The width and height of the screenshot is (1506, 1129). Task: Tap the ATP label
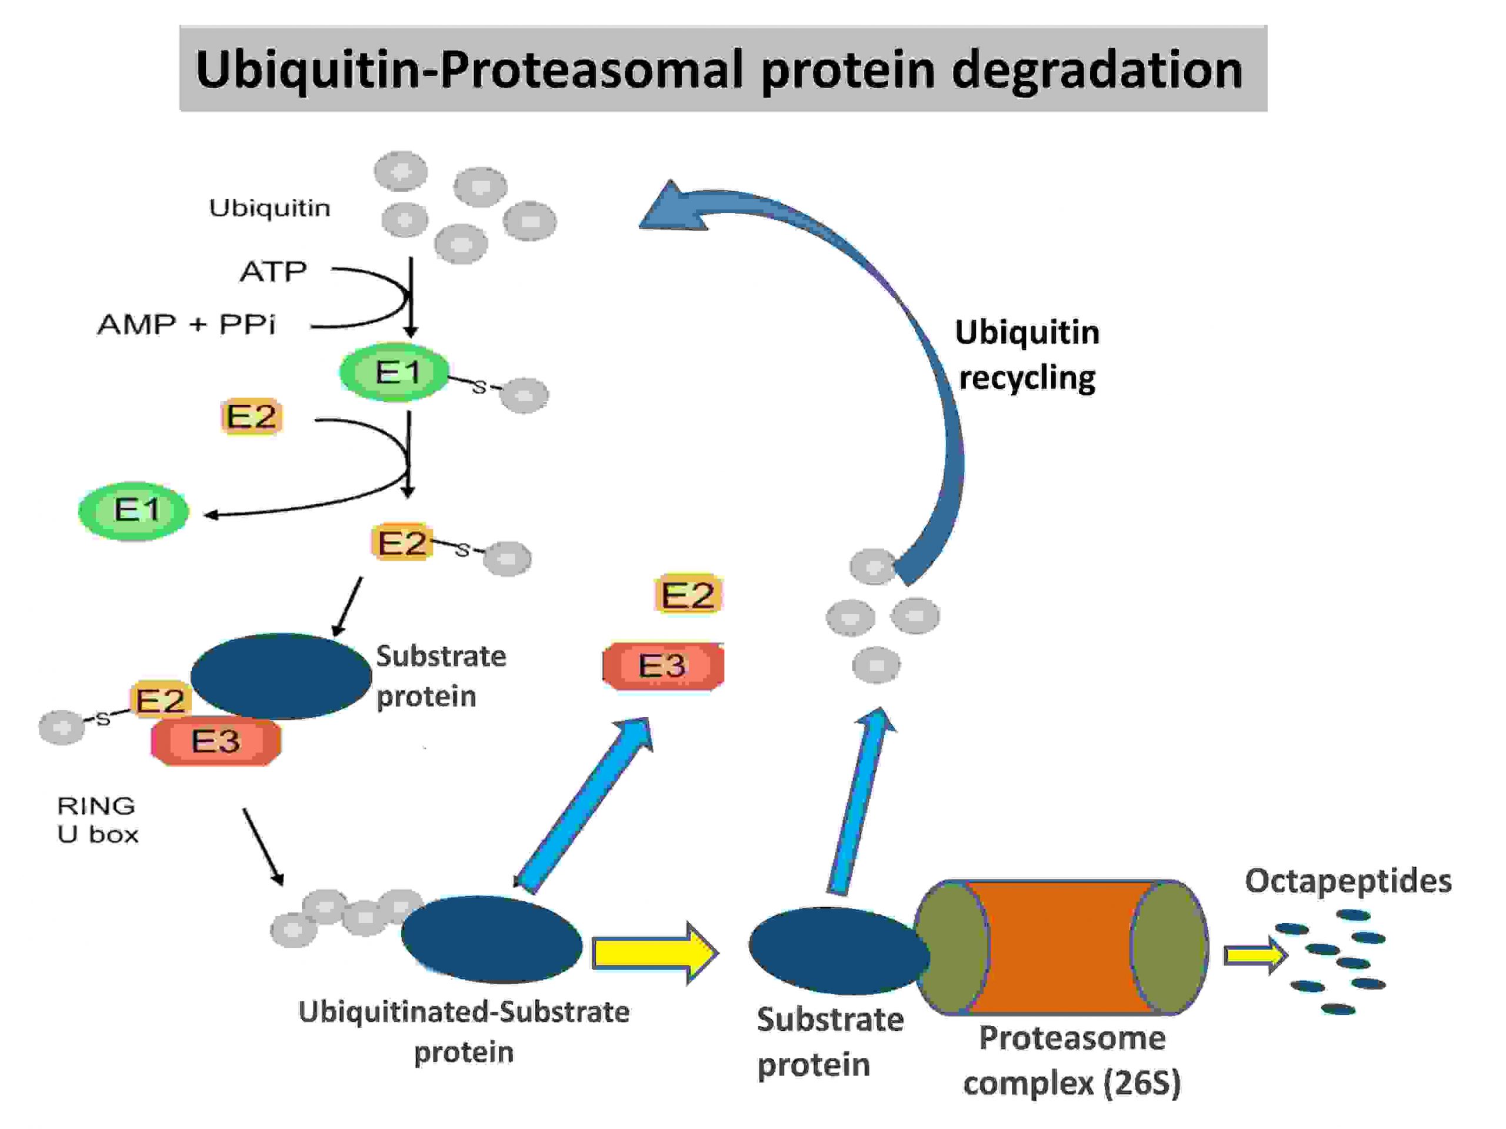point(273,272)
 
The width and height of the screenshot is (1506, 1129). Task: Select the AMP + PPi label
point(186,324)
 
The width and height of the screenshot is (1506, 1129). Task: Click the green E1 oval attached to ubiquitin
point(395,372)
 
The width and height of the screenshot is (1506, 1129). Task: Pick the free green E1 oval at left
point(134,511)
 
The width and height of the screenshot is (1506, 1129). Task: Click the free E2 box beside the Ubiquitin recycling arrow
point(688,594)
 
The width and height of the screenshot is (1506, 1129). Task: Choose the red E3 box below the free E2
point(663,665)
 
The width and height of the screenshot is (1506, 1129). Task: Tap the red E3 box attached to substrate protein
point(216,741)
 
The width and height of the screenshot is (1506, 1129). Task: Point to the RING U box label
point(97,820)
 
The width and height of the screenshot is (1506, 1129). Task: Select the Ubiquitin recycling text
point(1027,355)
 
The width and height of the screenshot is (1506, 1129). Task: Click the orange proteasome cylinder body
point(1059,947)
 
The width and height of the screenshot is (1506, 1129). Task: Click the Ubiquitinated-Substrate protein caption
point(464,1031)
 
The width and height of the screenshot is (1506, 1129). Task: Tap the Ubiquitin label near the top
point(269,208)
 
